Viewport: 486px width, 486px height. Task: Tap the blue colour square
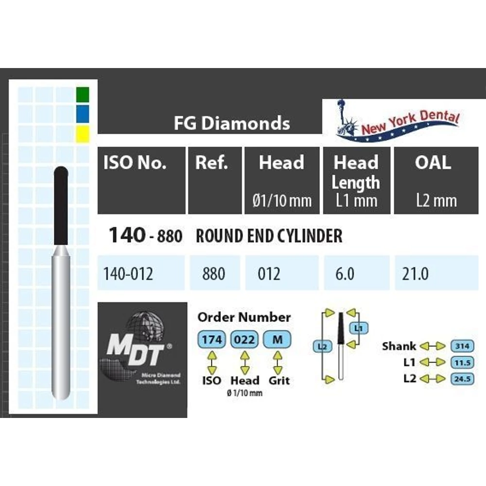pos(83,113)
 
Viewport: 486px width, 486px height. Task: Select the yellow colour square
pos(83,133)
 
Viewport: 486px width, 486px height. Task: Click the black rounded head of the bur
pos(61,204)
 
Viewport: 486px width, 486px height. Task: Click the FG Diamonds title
pos(232,123)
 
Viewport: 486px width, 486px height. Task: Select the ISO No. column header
pos(135,163)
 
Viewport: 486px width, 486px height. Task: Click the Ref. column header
pos(212,163)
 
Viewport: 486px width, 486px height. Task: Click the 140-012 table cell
pos(128,274)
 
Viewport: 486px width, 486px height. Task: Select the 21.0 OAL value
pos(416,274)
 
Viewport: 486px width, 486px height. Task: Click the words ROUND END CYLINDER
pos(269,236)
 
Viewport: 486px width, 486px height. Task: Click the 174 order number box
pos(212,339)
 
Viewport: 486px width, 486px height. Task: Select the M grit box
pos(278,339)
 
